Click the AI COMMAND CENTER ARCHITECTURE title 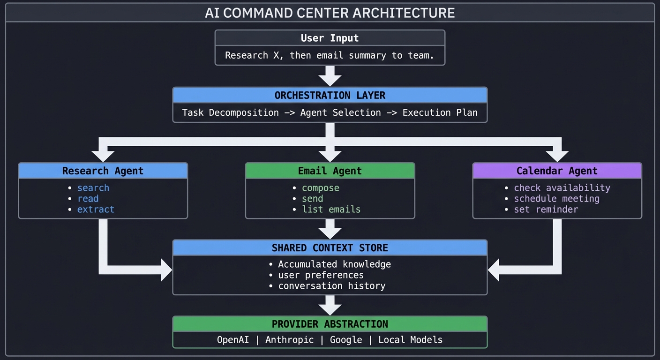[x=330, y=13]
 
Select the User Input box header [x=330, y=38]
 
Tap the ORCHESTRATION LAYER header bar [x=330, y=95]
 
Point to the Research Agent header [x=103, y=171]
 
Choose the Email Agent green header [x=330, y=171]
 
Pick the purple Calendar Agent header [x=557, y=171]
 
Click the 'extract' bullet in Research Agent [x=96, y=209]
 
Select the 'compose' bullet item [x=320, y=187]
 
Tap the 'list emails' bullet [x=331, y=209]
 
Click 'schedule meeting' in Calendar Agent [x=556, y=198]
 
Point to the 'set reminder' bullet [x=546, y=209]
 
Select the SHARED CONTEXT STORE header [x=330, y=247]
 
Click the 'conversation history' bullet [x=331, y=285]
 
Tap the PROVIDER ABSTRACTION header [x=330, y=324]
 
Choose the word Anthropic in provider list [x=289, y=339]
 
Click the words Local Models [x=410, y=339]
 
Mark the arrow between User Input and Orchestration [x=330, y=75]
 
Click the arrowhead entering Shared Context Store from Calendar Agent [x=494, y=270]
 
